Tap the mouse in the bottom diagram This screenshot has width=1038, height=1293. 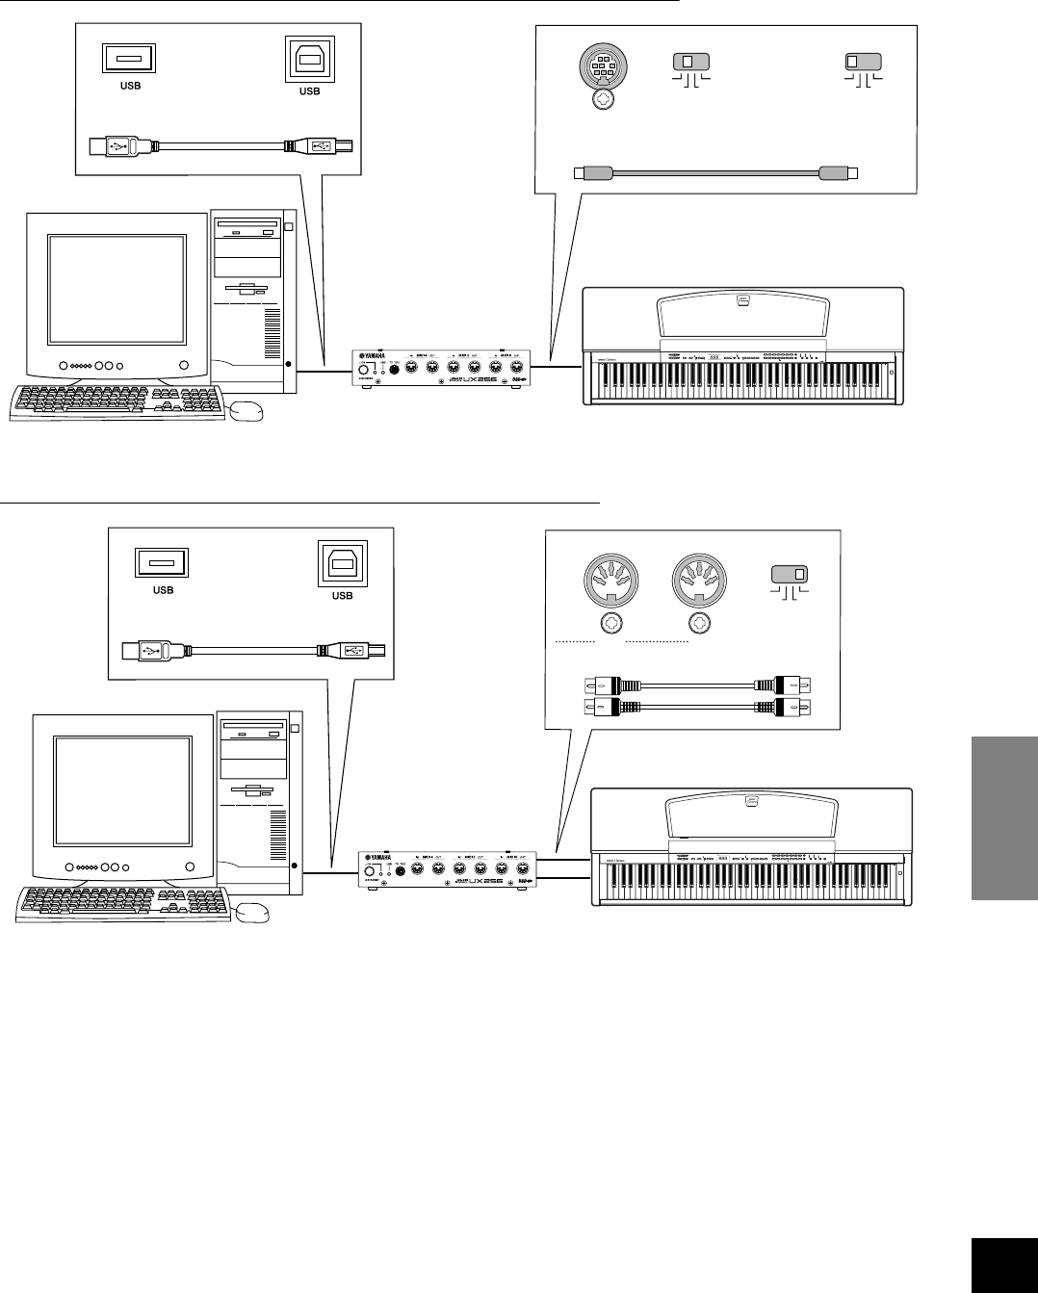tap(252, 911)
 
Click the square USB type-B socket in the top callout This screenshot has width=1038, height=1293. tap(309, 60)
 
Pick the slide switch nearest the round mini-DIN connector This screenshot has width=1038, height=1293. tap(688, 63)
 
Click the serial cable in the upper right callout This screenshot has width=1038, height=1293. tap(714, 173)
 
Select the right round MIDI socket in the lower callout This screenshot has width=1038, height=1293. tap(697, 581)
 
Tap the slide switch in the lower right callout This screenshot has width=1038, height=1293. tap(791, 575)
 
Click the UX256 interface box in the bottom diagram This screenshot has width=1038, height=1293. tap(448, 868)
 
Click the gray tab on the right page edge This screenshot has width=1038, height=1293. tap(1004, 818)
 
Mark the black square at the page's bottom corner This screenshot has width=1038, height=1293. tap(1004, 1260)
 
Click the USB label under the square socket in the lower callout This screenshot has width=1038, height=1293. tap(342, 595)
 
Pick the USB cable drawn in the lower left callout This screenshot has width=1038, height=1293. tap(254, 651)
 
